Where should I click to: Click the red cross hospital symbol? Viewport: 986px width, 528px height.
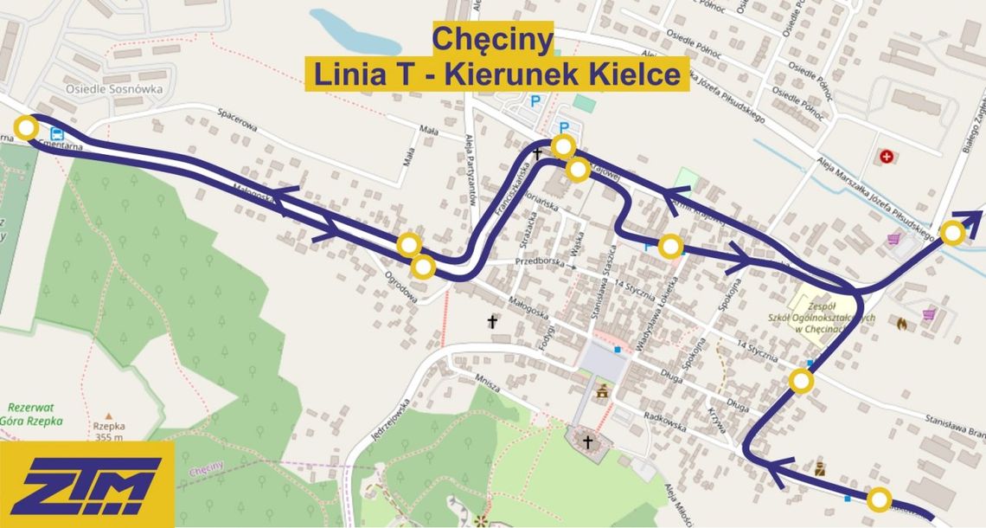886,157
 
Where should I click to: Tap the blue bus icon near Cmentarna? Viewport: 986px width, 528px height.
58,134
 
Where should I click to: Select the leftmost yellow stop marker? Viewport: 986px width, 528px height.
27,129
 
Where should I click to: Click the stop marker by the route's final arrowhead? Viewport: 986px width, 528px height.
952,233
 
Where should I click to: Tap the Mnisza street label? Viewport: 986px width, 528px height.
490,383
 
